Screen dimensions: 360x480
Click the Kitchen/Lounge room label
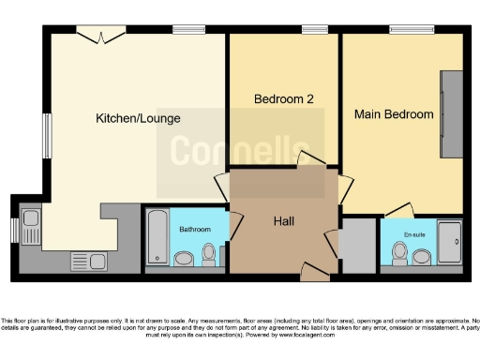click(x=138, y=119)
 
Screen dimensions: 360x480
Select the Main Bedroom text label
click(x=393, y=114)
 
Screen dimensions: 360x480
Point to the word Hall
click(x=285, y=221)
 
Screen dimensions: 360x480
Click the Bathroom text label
click(x=195, y=229)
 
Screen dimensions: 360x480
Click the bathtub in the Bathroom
click(x=156, y=239)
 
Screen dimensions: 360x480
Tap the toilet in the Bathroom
click(x=208, y=254)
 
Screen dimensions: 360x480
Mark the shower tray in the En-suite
click(x=450, y=244)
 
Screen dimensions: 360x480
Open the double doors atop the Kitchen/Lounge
click(x=99, y=36)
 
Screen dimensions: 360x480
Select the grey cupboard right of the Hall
click(x=357, y=243)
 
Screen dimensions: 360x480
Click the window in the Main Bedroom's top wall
click(x=405, y=30)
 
